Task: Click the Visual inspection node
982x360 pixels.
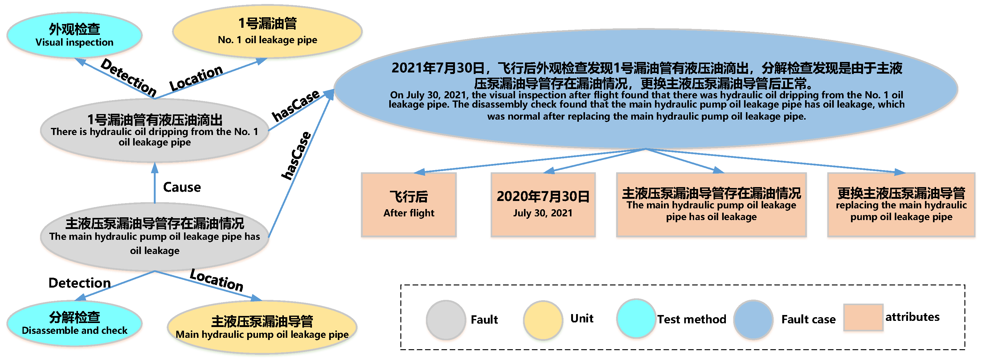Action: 74,35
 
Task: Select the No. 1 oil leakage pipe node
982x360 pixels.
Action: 267,31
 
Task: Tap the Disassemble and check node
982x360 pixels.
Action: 74,323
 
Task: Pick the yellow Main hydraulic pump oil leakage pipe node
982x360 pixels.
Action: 262,327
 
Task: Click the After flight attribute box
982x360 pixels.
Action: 409,205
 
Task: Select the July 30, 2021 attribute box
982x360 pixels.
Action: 543,205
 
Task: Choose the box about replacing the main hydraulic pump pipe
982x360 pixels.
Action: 901,205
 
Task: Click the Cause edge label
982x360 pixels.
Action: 182,187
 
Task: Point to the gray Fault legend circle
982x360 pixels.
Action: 446,320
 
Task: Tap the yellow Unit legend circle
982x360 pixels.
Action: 543,320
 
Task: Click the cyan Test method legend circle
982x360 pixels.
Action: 636,318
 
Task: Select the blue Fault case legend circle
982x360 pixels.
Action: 753,320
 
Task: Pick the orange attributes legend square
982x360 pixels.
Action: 863,317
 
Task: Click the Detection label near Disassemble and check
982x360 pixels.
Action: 79,283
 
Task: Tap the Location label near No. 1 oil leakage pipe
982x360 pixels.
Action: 196,78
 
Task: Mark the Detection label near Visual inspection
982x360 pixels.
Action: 129,77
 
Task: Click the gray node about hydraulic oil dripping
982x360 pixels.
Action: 154,130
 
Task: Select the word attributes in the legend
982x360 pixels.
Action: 912,317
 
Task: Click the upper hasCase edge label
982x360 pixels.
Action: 296,106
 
